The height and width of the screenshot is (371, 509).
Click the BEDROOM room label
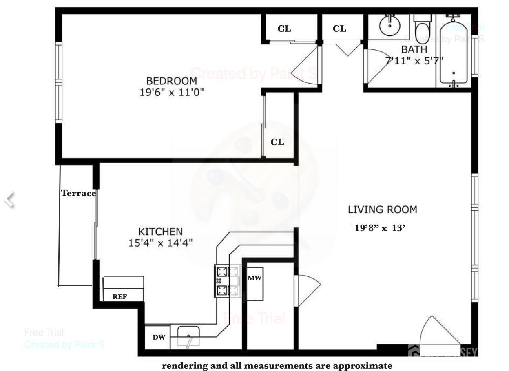(x=171, y=81)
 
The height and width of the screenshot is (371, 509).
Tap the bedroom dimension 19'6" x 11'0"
(x=171, y=93)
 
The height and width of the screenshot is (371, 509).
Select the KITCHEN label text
(x=160, y=232)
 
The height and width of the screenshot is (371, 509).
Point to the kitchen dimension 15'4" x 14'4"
(x=160, y=243)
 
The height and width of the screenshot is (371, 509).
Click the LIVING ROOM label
(x=382, y=210)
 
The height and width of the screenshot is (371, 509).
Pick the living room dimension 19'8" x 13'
(x=380, y=228)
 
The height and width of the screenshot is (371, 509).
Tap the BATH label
(x=414, y=50)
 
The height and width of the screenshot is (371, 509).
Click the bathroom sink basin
(x=389, y=26)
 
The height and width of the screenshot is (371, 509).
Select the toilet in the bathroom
(x=422, y=29)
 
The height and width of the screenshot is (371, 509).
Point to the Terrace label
(x=78, y=193)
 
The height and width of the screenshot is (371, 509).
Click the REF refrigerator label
(x=120, y=297)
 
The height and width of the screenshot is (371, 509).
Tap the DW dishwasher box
(x=159, y=337)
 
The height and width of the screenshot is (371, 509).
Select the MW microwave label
(x=254, y=278)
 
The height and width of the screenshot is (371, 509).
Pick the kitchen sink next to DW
(x=188, y=336)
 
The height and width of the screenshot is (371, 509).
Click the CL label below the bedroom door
(x=277, y=142)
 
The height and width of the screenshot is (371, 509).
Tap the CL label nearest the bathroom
(x=339, y=29)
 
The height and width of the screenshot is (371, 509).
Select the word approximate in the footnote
(x=363, y=366)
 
